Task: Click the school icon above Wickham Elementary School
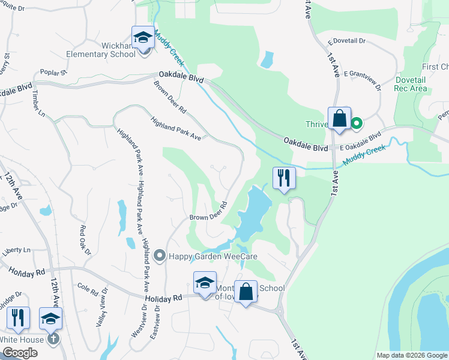143,38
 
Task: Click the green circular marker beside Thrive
356,124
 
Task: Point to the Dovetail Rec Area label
411,84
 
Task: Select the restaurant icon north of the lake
283,178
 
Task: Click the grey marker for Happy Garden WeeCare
160,256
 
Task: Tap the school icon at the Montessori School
204,283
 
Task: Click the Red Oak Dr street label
85,239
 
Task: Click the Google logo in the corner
20,353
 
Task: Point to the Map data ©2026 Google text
411,355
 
